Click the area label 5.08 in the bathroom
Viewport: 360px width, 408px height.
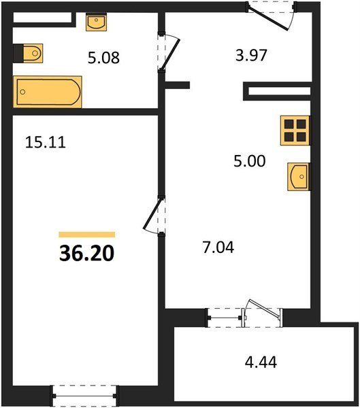coord(103,58)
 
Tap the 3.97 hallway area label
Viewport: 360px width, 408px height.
coord(251,56)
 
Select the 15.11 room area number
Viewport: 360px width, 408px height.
coord(46,143)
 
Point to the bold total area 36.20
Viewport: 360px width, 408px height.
coord(86,254)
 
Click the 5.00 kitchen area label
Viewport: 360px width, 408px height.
coord(250,160)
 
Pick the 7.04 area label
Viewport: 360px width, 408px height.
coord(218,248)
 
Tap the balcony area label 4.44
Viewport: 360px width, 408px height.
coord(261,362)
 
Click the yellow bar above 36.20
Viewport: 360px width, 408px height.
coord(87,235)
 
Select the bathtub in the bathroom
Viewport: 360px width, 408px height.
coord(48,92)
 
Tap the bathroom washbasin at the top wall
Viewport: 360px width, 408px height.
coord(97,22)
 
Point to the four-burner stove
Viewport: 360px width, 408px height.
coord(295,131)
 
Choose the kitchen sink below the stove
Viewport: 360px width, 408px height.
coord(299,177)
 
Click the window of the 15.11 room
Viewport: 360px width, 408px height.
coord(84,396)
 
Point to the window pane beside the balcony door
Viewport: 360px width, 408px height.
coord(225,318)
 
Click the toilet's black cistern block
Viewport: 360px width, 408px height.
coord(18,53)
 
